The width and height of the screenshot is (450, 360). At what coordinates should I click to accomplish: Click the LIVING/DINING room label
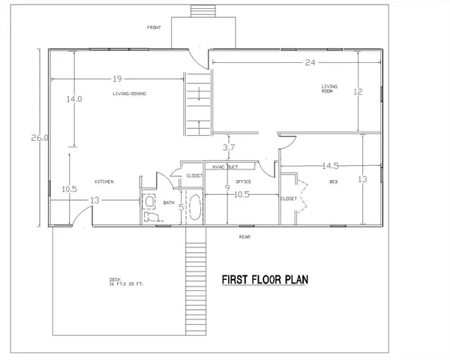point(129,94)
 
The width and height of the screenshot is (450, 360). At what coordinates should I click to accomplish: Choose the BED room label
point(332,182)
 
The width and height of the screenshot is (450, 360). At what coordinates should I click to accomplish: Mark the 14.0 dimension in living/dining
point(73,99)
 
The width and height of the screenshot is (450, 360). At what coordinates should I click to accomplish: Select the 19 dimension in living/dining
point(118,77)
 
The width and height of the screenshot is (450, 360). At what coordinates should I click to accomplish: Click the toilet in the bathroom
point(151,214)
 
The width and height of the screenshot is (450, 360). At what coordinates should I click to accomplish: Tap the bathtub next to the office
point(196,207)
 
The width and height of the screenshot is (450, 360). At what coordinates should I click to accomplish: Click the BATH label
point(169,203)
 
